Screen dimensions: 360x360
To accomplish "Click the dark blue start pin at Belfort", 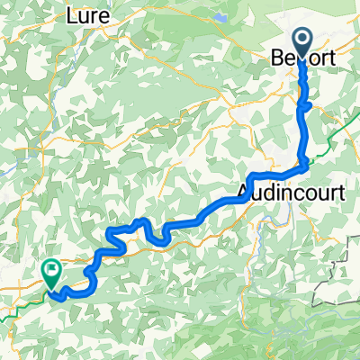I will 300,41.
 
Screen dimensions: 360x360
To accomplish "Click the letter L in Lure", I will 72,15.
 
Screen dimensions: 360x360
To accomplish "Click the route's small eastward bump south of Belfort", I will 308,105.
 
